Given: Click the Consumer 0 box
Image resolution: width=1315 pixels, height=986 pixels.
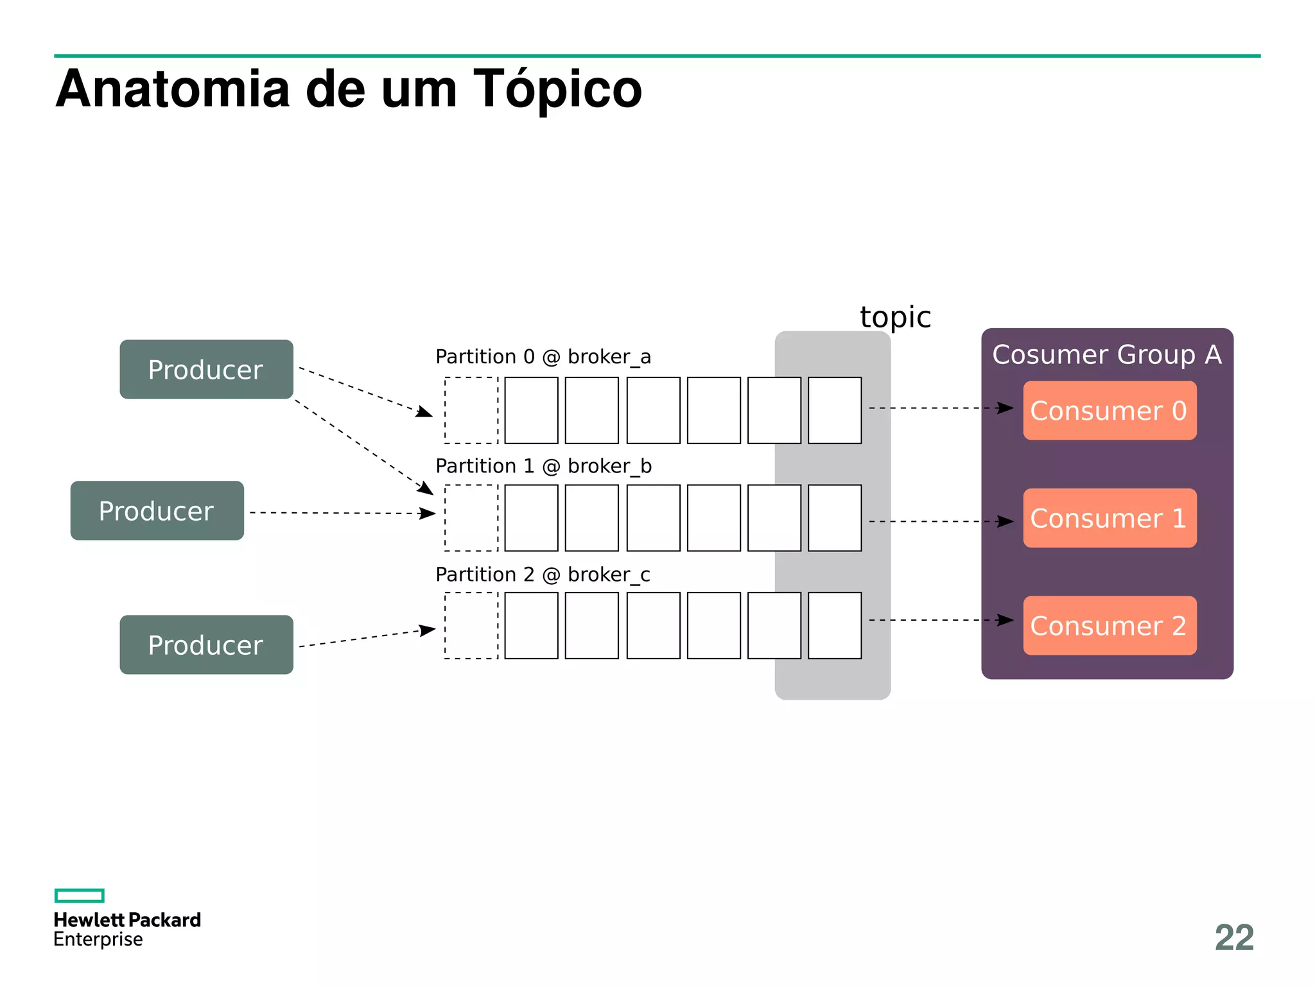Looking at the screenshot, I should (1109, 411).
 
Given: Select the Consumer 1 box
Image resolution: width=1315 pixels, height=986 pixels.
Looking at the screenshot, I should (1109, 518).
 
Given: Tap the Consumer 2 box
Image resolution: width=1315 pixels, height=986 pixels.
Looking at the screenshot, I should (1109, 626).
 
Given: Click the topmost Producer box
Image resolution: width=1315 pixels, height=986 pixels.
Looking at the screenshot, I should (206, 370).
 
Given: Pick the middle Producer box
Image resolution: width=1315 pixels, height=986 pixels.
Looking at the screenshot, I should (157, 511).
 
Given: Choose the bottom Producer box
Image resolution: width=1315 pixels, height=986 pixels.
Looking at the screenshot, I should (206, 645).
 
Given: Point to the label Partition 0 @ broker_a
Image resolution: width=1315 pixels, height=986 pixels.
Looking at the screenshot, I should (543, 357).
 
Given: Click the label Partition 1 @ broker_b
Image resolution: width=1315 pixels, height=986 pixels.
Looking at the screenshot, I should (543, 466).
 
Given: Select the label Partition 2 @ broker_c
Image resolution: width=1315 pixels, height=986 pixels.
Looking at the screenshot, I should (543, 575).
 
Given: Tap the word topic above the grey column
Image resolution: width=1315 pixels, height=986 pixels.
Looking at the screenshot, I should (895, 318).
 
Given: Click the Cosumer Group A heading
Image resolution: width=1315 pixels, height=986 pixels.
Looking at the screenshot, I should (1106, 355).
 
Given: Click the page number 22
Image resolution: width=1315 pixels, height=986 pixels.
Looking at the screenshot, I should (1234, 938).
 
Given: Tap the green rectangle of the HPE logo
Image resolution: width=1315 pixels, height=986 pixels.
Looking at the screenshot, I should (79, 895).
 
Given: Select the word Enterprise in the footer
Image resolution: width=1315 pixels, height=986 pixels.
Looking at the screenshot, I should (98, 940).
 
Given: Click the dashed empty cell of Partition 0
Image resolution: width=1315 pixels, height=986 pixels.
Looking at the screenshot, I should (471, 411).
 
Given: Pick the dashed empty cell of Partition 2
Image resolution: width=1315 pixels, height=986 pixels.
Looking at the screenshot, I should (471, 626).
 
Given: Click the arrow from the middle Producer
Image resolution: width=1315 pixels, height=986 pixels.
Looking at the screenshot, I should (342, 513).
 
